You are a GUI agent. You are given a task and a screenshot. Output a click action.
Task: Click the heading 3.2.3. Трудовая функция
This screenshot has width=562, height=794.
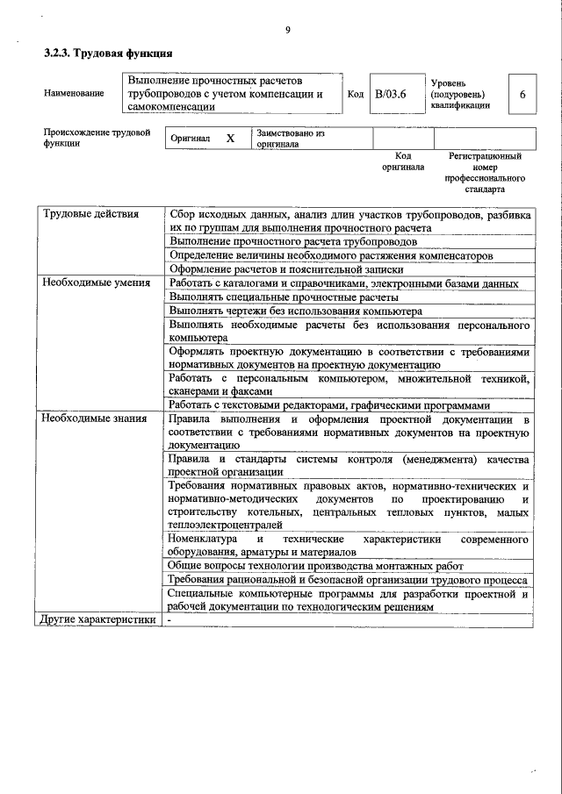click(x=102, y=54)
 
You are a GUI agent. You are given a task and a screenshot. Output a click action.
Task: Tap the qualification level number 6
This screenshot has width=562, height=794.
click(x=522, y=94)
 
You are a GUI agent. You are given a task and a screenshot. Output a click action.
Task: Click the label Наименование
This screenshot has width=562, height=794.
click(x=74, y=94)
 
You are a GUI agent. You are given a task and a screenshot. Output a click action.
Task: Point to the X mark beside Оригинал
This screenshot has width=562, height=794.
click(x=230, y=139)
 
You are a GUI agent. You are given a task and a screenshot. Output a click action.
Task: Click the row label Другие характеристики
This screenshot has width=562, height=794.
click(x=99, y=620)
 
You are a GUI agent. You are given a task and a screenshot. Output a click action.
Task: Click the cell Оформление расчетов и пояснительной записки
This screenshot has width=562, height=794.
click(x=286, y=269)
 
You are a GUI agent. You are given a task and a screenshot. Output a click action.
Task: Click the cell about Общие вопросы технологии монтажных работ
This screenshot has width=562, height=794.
click(x=315, y=566)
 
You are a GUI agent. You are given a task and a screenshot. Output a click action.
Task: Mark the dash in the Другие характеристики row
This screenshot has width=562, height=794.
click(x=170, y=620)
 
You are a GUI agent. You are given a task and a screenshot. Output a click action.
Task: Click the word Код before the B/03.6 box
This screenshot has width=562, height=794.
click(x=356, y=94)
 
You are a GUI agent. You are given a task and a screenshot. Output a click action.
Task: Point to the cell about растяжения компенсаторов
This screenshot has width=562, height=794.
click(x=330, y=255)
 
